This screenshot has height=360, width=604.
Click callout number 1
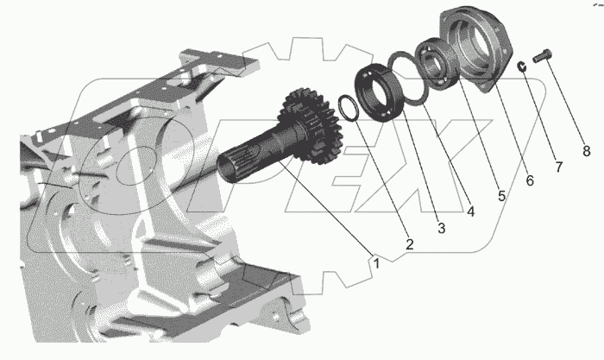pos(376,263)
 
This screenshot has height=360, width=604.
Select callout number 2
pos(409,244)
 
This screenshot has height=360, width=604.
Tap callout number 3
pos(442,228)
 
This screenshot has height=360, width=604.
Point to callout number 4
pos(471,212)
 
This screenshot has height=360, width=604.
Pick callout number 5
pos(501,195)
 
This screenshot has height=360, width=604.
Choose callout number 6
pos(530,180)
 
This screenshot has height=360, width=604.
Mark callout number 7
pos(559,167)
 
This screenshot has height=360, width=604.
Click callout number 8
pos(586,151)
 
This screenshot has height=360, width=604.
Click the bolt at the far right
pos(543,56)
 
